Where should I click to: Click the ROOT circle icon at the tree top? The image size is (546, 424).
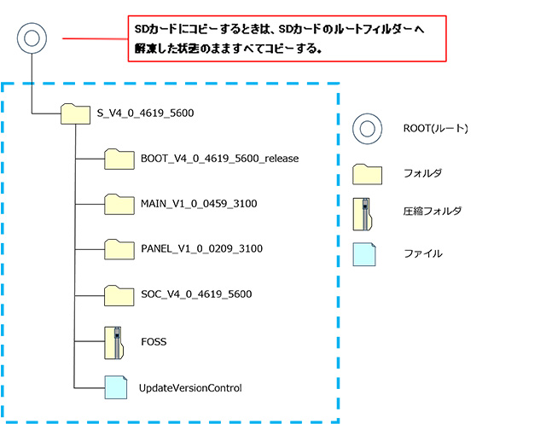point(32,38)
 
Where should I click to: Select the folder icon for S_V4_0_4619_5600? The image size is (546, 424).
point(76,113)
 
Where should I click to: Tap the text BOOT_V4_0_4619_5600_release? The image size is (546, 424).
point(219,159)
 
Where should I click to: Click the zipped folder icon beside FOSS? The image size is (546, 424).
point(114,341)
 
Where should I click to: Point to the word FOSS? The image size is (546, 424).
point(154,341)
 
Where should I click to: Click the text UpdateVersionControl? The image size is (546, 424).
point(190,388)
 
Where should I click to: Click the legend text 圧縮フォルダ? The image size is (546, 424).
point(427,212)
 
